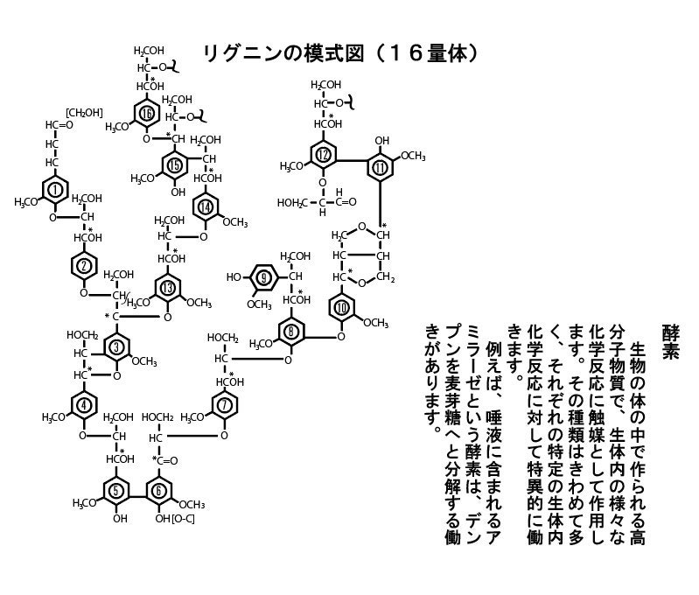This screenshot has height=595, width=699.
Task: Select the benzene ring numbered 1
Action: (56, 189)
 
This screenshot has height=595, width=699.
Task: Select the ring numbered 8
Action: (290, 332)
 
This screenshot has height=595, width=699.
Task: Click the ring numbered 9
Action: (265, 277)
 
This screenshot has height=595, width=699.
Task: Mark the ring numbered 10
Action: (342, 306)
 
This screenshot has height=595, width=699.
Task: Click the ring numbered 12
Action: (325, 156)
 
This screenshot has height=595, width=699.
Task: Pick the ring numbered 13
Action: (167, 288)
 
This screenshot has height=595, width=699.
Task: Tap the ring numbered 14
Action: (206, 206)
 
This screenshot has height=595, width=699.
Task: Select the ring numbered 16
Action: (147, 114)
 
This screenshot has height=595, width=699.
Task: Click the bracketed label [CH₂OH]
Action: (85, 112)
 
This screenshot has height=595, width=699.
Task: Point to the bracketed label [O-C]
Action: (183, 519)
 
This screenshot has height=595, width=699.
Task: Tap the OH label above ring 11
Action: (381, 140)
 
